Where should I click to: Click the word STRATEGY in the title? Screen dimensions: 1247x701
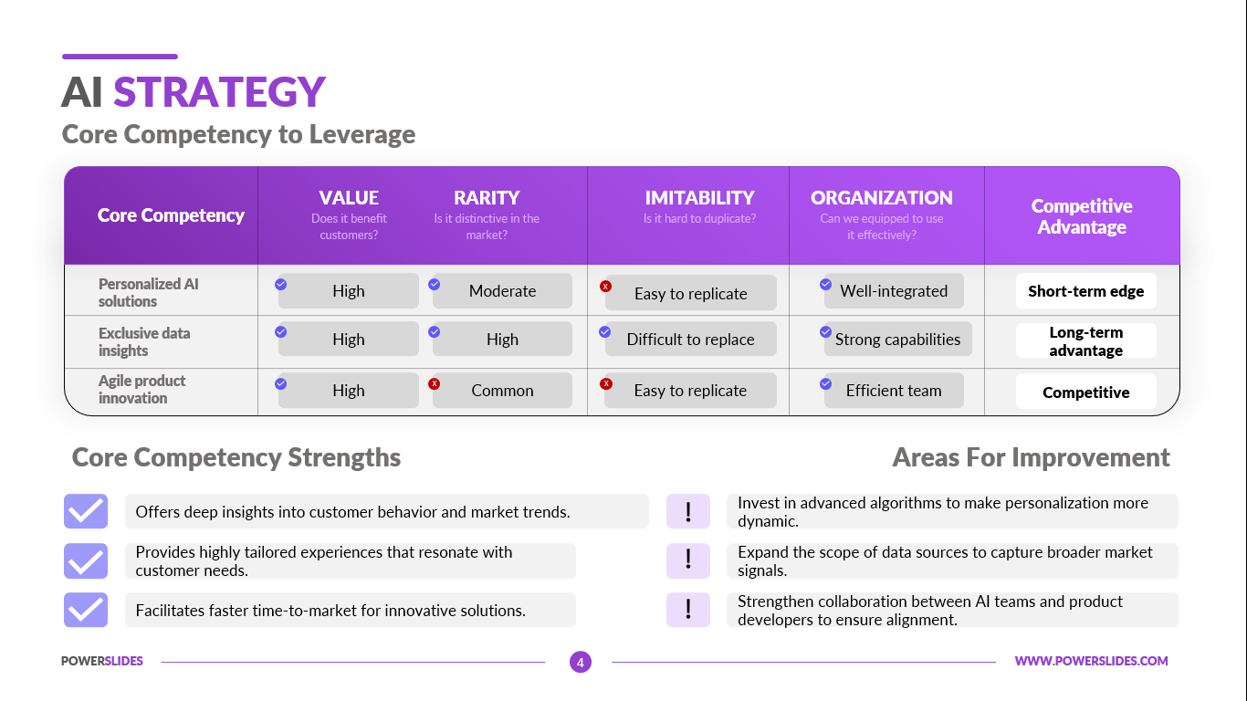click(219, 92)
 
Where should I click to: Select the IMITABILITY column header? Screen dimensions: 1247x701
click(699, 198)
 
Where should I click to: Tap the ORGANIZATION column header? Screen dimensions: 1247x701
click(881, 198)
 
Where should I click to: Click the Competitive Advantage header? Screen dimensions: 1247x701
click(1082, 216)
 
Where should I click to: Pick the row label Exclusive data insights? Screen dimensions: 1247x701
click(144, 341)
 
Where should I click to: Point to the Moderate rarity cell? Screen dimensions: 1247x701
click(502, 290)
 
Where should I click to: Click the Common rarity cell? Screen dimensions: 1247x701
click(502, 391)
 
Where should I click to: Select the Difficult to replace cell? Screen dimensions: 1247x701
click(690, 339)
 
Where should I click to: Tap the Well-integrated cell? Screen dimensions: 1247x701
click(894, 290)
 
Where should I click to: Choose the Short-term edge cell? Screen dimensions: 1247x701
click(1085, 290)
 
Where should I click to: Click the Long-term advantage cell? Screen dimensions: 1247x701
click(1085, 340)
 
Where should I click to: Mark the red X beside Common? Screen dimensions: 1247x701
click(435, 383)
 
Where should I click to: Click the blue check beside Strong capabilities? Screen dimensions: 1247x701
click(825, 332)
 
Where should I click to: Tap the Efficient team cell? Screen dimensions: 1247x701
click(894, 391)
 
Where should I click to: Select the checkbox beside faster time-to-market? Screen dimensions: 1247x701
click(86, 610)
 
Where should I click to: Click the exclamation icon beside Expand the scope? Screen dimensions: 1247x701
click(688, 560)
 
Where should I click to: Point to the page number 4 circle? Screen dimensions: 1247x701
click(580, 662)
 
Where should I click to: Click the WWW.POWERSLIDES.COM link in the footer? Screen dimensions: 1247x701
click(1091, 661)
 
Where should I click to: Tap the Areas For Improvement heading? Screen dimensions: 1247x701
click(1031, 457)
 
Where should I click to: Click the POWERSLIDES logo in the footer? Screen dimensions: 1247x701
click(102, 661)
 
